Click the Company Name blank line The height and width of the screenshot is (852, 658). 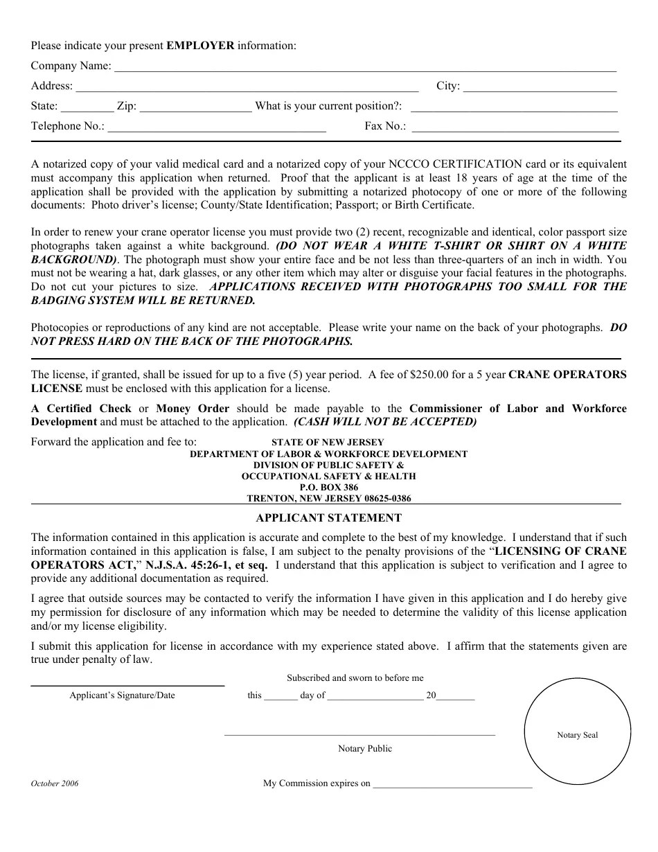click(x=364, y=68)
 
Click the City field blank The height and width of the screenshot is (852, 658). click(x=539, y=88)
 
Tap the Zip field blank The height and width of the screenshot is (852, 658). click(x=195, y=108)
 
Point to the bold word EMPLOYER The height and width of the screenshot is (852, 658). click(x=200, y=46)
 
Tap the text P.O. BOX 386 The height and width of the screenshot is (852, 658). click(x=329, y=488)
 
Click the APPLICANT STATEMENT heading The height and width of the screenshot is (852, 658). click(x=328, y=518)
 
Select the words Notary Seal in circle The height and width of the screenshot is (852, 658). click(x=577, y=735)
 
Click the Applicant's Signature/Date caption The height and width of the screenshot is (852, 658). click(x=122, y=695)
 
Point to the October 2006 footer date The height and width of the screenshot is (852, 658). click(x=55, y=783)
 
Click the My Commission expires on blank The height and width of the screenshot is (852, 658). click(x=452, y=786)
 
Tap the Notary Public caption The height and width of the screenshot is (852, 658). click(x=364, y=749)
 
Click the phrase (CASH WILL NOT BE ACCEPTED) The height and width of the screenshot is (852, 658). click(x=385, y=422)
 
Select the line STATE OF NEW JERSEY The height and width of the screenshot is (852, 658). click(x=328, y=442)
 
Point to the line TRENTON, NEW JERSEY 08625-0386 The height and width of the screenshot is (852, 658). click(x=329, y=499)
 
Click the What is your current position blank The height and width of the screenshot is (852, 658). click(x=514, y=108)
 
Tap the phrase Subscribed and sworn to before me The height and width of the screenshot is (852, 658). click(x=355, y=678)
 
